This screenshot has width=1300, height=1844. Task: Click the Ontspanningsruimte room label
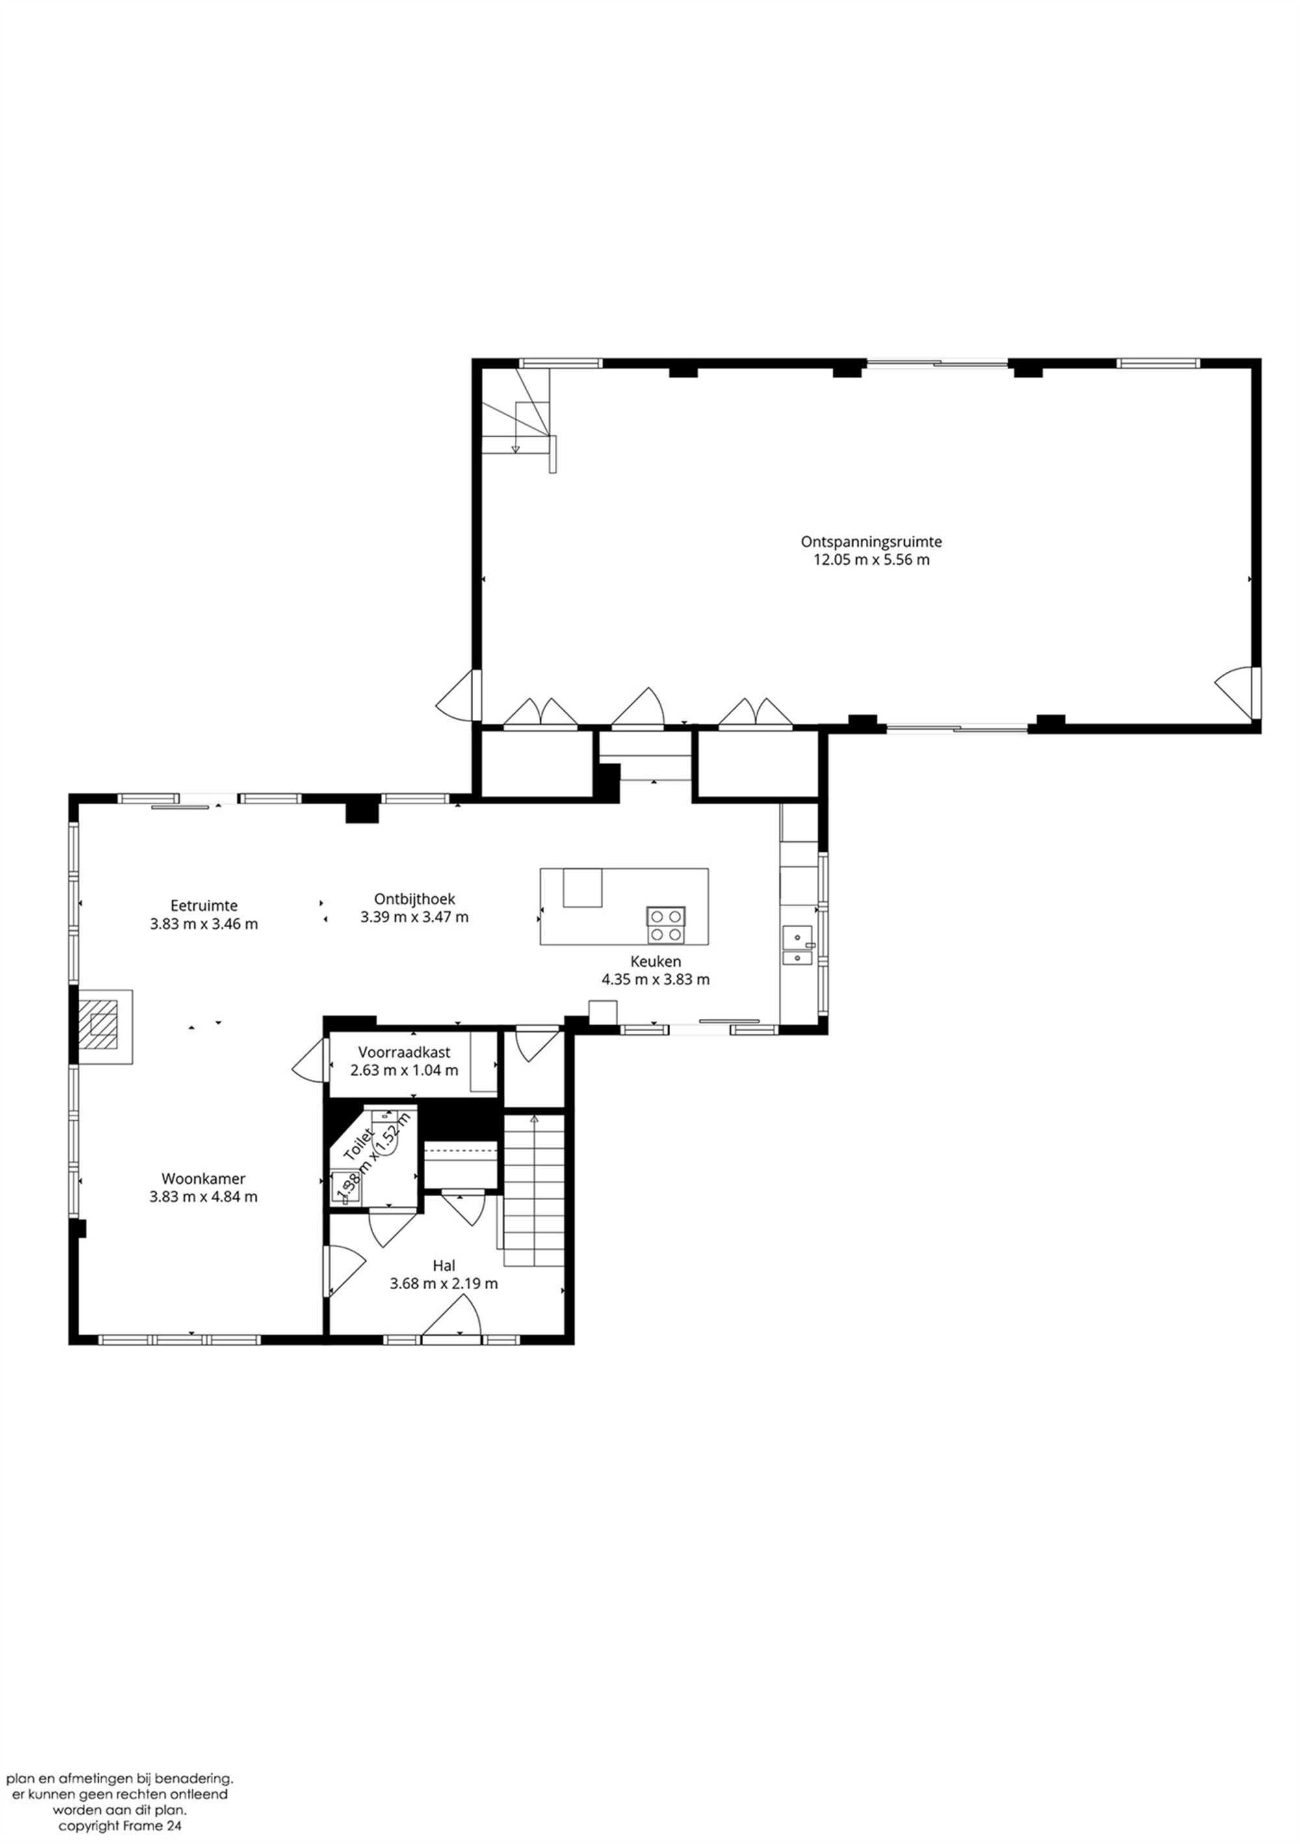(871, 541)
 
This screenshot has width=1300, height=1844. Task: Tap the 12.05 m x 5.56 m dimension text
(871, 560)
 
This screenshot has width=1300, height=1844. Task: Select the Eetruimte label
(203, 905)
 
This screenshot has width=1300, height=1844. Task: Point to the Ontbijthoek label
(414, 899)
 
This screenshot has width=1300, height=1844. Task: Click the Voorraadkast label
(404, 1051)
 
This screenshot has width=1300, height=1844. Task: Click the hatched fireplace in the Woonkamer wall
(102, 1027)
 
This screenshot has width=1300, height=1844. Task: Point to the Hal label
(443, 1265)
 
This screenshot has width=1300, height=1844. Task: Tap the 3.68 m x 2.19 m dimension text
(443, 1283)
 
